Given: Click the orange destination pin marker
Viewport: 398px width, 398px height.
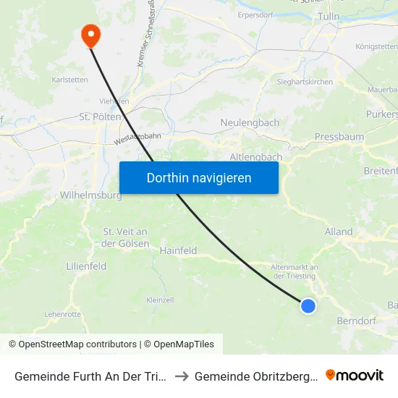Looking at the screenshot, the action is [x=90, y=34].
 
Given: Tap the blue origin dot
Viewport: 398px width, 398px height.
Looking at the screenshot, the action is [x=308, y=306].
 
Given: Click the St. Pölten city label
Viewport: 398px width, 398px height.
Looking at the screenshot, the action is [x=94, y=117].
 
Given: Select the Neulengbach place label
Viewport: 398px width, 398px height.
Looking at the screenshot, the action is [x=250, y=123].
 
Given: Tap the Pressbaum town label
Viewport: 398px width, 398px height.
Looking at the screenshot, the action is [x=339, y=137].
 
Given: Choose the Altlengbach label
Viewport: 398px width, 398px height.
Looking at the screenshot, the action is [x=255, y=156].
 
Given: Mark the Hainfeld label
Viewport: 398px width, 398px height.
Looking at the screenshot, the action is [x=179, y=250].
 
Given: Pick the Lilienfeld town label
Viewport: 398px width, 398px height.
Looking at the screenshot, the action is [x=86, y=266].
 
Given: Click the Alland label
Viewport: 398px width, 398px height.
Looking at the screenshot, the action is [x=339, y=232].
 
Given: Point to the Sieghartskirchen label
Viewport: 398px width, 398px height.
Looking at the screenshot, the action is [x=305, y=82].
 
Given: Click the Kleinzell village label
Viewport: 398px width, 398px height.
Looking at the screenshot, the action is [x=160, y=300].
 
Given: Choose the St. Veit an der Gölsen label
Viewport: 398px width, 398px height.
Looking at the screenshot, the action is [x=126, y=237].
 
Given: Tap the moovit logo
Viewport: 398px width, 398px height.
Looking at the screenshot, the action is [x=355, y=376].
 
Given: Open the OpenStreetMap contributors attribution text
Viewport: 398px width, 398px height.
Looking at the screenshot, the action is [x=77, y=344].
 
